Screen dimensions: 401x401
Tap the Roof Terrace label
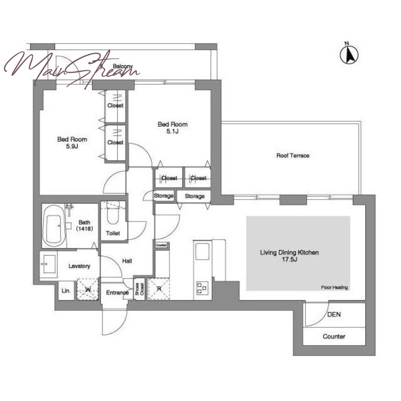(x=293, y=155)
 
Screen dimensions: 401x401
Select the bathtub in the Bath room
(x=54, y=226)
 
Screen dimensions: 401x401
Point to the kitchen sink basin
(x=203, y=252)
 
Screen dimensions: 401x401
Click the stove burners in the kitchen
(x=202, y=287)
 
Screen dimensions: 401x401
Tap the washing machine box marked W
(x=88, y=289)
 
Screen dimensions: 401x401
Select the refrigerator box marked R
(x=159, y=289)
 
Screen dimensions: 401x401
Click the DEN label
(x=334, y=314)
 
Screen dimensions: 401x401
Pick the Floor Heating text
(x=334, y=287)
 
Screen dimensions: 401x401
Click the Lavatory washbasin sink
(x=49, y=264)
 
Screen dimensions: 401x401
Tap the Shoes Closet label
(x=139, y=289)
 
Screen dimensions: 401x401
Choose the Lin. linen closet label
(x=66, y=291)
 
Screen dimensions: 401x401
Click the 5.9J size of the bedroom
(x=72, y=146)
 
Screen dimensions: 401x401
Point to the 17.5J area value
(x=290, y=260)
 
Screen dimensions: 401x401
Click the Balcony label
(x=123, y=66)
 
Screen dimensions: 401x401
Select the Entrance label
(x=117, y=293)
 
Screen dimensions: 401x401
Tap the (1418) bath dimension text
(x=84, y=229)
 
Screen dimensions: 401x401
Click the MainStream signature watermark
(x=72, y=69)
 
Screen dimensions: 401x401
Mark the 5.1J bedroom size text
(x=172, y=131)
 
